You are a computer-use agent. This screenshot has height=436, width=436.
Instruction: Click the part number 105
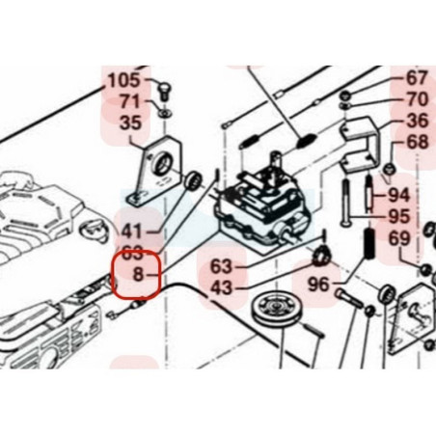tap(124, 80)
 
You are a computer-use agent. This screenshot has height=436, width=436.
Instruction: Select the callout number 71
tap(130, 101)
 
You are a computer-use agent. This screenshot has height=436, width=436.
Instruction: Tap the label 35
tap(130, 123)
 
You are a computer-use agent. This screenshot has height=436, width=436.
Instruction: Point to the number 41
tap(131, 232)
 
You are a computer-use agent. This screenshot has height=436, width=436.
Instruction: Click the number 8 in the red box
tap(138, 275)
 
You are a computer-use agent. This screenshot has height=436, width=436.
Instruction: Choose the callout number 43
tap(221, 287)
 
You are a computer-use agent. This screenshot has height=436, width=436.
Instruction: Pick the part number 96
tap(318, 285)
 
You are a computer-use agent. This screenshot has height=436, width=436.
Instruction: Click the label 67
tap(417, 78)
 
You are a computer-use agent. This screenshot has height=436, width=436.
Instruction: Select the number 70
tap(418, 99)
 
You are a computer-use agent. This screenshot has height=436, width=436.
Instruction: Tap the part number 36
tap(418, 121)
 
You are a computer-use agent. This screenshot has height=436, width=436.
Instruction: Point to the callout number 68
tap(418, 142)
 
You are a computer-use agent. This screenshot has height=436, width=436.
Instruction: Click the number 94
tap(399, 195)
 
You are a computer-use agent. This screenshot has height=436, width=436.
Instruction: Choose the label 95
tap(399, 217)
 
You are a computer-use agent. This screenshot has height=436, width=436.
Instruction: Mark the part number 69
tap(399, 238)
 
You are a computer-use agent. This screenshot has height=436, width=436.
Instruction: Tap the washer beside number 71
tap(164, 113)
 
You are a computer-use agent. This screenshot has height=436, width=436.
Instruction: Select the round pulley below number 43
tap(274, 310)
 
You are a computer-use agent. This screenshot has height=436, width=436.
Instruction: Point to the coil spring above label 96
tap(369, 243)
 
